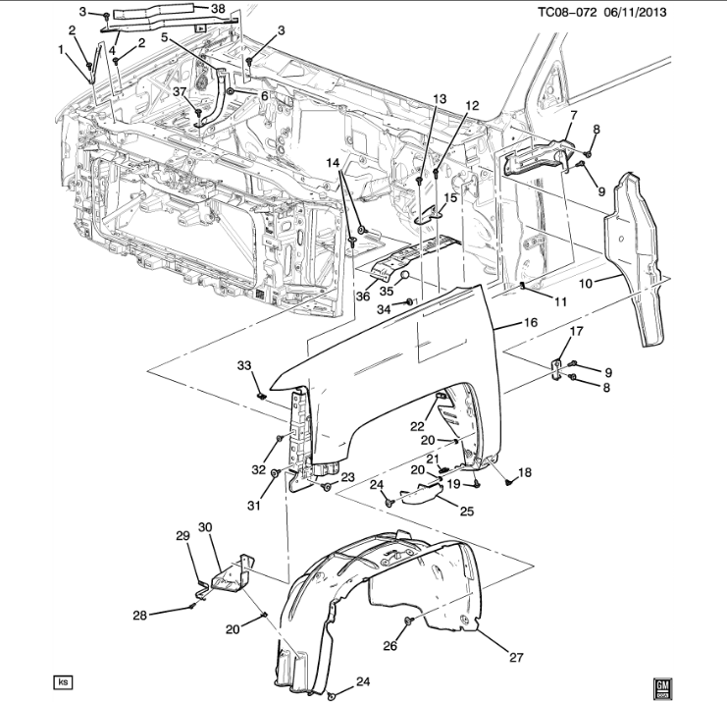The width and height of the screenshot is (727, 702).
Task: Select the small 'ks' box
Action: (x=64, y=680)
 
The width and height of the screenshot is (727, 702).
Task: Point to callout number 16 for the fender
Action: (x=529, y=321)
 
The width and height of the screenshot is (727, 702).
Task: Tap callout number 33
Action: (x=244, y=365)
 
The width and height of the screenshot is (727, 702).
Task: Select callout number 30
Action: (x=205, y=527)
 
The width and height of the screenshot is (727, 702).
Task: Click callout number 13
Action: (x=439, y=99)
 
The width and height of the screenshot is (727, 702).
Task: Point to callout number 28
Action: (x=140, y=616)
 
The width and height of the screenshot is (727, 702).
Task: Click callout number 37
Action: (x=180, y=91)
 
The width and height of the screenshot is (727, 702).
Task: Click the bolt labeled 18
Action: (x=509, y=481)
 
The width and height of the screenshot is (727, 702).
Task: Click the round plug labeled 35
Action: (x=402, y=278)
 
